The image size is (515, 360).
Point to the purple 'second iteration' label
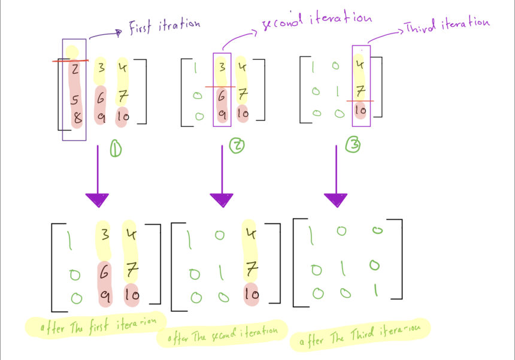[x=316, y=20]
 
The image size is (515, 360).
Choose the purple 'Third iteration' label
[x=447, y=24]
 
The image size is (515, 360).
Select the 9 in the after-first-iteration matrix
[x=104, y=295]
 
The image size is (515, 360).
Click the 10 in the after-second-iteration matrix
[x=251, y=294]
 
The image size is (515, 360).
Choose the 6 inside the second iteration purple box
[x=222, y=95]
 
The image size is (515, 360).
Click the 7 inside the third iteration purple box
[x=360, y=90]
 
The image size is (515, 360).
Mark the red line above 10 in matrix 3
[x=361, y=101]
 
